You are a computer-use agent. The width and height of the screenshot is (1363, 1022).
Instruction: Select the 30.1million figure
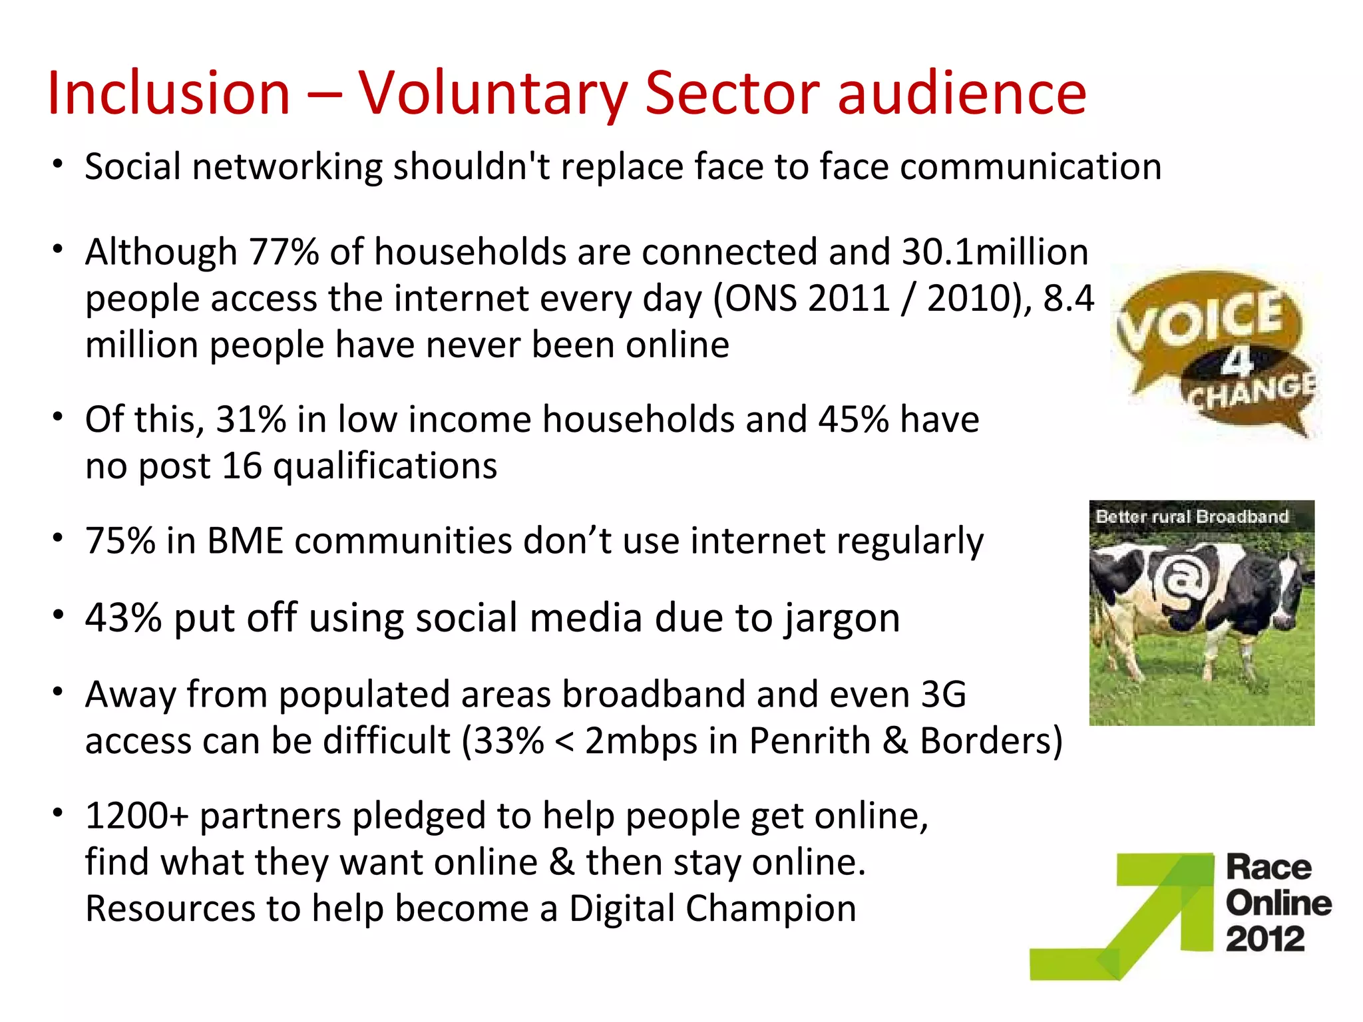click(995, 253)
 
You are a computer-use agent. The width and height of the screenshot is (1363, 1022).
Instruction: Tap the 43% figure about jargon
click(123, 618)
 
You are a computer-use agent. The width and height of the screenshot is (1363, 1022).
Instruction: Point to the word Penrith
click(809, 741)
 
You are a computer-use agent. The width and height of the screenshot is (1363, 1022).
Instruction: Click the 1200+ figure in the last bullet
click(137, 816)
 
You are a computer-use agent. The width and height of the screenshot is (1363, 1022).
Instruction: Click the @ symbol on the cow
click(1181, 579)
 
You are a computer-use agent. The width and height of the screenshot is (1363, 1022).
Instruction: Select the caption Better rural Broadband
click(1192, 516)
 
